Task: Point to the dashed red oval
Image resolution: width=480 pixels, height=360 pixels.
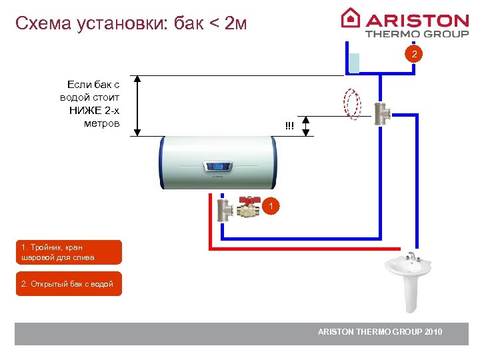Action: pos(351,105)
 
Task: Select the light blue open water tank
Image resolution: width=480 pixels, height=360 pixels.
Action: pos(355,63)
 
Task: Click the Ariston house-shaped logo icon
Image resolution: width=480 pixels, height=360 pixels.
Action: pos(350,18)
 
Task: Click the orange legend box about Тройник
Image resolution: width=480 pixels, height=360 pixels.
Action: pos(69,252)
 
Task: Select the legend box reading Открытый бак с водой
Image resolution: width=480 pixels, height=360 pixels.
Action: pos(69,283)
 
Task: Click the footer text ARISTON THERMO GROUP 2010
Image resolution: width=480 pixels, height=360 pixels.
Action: pos(379,332)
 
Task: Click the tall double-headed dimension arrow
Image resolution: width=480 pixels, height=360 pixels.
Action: pos(138,105)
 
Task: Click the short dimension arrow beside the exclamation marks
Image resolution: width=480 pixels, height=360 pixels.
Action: pos(307,125)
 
